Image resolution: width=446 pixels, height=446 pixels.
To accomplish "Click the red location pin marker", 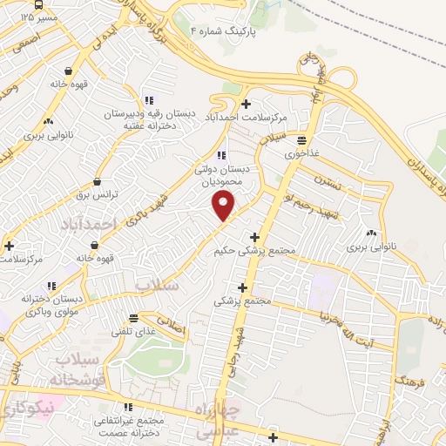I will pos(224,206).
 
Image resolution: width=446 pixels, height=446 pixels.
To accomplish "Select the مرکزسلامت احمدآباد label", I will pos(247,117).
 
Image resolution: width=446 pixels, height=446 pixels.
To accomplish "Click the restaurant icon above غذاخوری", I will pos(301,139).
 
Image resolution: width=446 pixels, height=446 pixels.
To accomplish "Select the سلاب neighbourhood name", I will pos(157,285).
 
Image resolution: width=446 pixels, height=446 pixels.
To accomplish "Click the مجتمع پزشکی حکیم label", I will pos(255,251).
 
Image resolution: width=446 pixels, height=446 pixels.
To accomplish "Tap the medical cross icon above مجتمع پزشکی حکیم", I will pos(254,237).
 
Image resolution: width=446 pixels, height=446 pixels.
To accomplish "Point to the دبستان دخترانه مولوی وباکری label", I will pos(54,304).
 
